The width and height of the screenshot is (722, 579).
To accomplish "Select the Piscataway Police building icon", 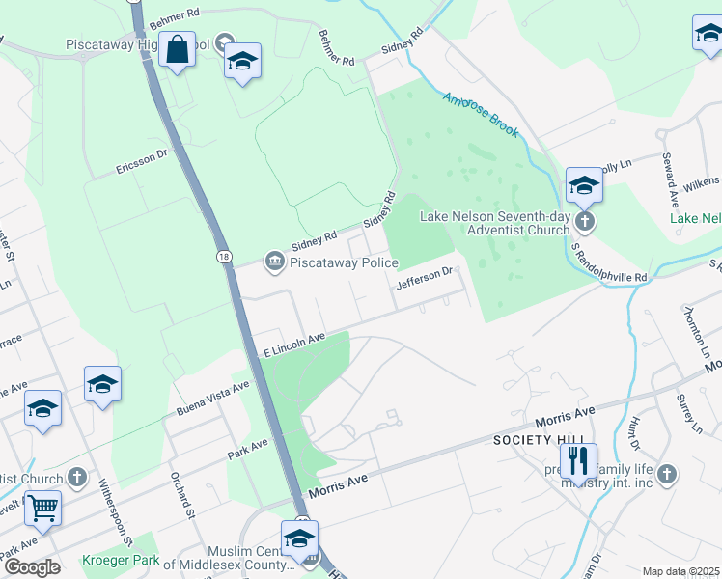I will (x=275, y=261).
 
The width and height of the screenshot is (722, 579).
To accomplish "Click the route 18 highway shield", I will (x=225, y=257).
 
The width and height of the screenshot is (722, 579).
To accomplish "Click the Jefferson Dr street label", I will (x=424, y=278).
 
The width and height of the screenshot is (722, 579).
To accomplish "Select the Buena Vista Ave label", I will (x=212, y=397).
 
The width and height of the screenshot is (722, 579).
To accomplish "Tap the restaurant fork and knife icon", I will (x=577, y=462).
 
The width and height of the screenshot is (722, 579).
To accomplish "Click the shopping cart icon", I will (x=42, y=507).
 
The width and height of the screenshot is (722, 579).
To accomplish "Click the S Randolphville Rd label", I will (x=609, y=262).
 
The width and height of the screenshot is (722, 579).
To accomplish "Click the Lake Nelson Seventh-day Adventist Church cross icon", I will (x=583, y=223).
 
